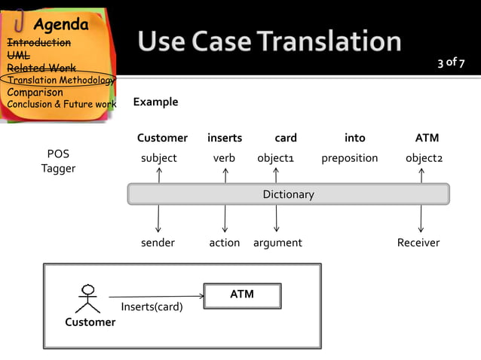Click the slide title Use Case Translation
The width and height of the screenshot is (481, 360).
[269, 41]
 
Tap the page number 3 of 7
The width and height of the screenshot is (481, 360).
[452, 62]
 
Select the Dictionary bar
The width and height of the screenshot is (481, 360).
[288, 194]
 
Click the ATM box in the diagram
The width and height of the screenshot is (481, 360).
[242, 295]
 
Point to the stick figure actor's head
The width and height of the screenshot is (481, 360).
[88, 288]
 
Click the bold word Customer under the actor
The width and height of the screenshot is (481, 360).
[90, 322]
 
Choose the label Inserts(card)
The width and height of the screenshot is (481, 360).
[152, 307]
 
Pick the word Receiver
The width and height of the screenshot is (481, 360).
[418, 243]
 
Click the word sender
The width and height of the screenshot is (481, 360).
[158, 243]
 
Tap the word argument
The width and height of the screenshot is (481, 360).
[277, 243]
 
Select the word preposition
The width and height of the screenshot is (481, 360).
[349, 158]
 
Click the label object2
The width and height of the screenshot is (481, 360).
[424, 158]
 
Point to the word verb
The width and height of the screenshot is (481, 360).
[224, 158]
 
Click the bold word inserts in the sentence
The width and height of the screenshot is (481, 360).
[225, 138]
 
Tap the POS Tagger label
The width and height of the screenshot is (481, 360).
[58, 161]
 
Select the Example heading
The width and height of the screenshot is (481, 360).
[155, 102]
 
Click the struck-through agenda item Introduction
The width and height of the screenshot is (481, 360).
[38, 43]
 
